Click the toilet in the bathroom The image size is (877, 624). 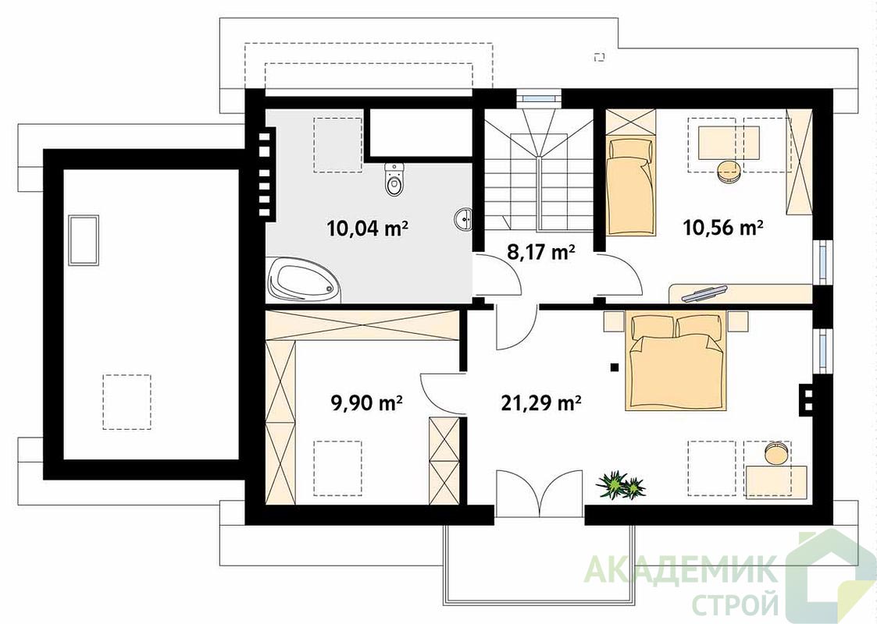[x=394, y=179]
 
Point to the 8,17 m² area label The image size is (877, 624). [x=541, y=253]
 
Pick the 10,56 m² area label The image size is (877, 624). [x=723, y=227]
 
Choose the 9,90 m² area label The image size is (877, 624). [x=367, y=402]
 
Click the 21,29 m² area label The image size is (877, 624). [x=540, y=402]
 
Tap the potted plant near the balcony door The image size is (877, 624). [x=620, y=485]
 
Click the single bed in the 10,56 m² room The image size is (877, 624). [x=632, y=187]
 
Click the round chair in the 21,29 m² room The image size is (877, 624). [x=776, y=452]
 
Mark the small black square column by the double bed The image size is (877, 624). [x=615, y=367]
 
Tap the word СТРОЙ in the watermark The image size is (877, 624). [x=735, y=604]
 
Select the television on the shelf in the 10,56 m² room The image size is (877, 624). [x=704, y=292]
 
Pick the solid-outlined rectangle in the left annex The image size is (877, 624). [x=84, y=240]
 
